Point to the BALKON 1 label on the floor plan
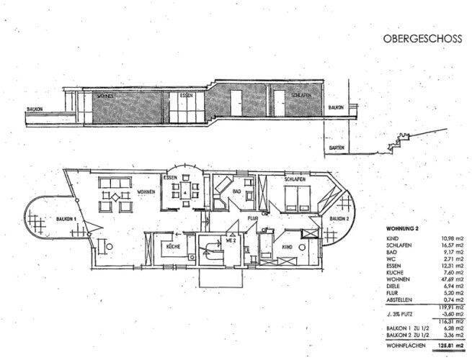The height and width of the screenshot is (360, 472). click(x=48, y=219)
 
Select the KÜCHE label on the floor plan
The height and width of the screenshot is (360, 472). click(x=172, y=246)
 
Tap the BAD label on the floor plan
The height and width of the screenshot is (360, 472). click(x=234, y=192)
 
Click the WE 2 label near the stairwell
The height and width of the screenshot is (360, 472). click(x=232, y=240)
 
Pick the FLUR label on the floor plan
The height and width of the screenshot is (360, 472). click(x=252, y=216)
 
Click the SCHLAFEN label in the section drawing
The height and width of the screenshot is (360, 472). click(x=301, y=95)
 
